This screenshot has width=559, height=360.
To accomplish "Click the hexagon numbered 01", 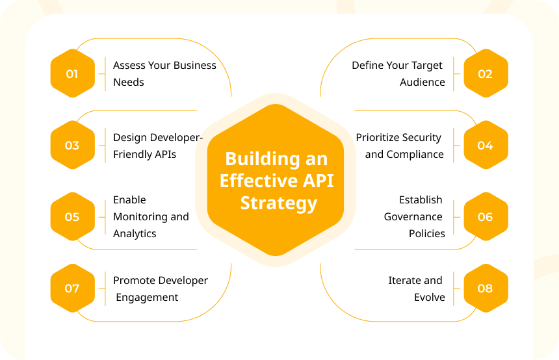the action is pyautogui.click(x=73, y=73).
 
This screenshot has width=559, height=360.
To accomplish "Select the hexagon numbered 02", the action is pyautogui.click(x=486, y=73).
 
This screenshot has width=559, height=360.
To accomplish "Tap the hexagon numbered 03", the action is pyautogui.click(x=73, y=145).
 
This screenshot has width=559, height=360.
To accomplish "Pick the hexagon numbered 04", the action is pyautogui.click(x=486, y=145).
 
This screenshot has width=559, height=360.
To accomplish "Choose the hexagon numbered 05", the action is pyautogui.click(x=73, y=216).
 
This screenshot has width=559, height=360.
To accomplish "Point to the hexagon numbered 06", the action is pyautogui.click(x=486, y=216).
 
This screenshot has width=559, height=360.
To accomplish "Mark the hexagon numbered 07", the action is pyautogui.click(x=73, y=289).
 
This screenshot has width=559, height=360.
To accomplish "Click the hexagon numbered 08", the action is pyautogui.click(x=486, y=289).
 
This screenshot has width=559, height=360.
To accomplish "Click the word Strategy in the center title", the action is pyautogui.click(x=279, y=203).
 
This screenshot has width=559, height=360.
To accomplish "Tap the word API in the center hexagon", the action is pyautogui.click(x=318, y=181).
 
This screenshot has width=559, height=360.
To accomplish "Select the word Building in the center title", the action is pyautogui.click(x=263, y=159).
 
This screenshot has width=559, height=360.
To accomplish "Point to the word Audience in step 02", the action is pyautogui.click(x=422, y=83).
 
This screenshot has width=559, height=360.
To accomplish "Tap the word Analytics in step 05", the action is pyautogui.click(x=135, y=234).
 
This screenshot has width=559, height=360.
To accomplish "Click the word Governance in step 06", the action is pyautogui.click(x=413, y=216).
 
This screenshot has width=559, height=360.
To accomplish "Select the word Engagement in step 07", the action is pyautogui.click(x=147, y=298).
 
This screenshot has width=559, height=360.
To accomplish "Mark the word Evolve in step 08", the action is pyautogui.click(x=430, y=297).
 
